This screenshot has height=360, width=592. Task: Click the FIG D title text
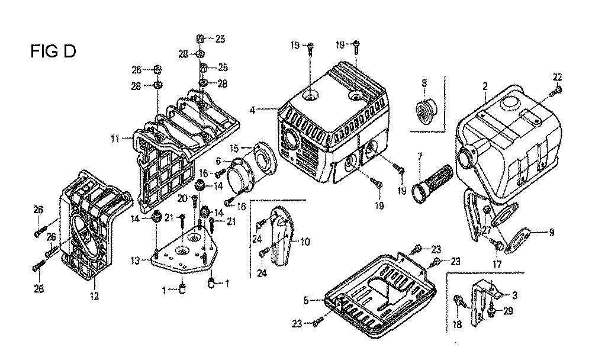coord(53,52)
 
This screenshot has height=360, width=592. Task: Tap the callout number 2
coord(484,86)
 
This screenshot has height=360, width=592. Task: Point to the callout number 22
coord(557,76)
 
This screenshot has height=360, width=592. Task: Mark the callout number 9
coord(551,233)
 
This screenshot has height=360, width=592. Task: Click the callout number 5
coord(306,301)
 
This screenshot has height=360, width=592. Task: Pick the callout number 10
coord(305,242)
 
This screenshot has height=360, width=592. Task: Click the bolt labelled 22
coord(557,91)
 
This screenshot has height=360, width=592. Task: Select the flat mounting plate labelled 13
coord(184,255)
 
